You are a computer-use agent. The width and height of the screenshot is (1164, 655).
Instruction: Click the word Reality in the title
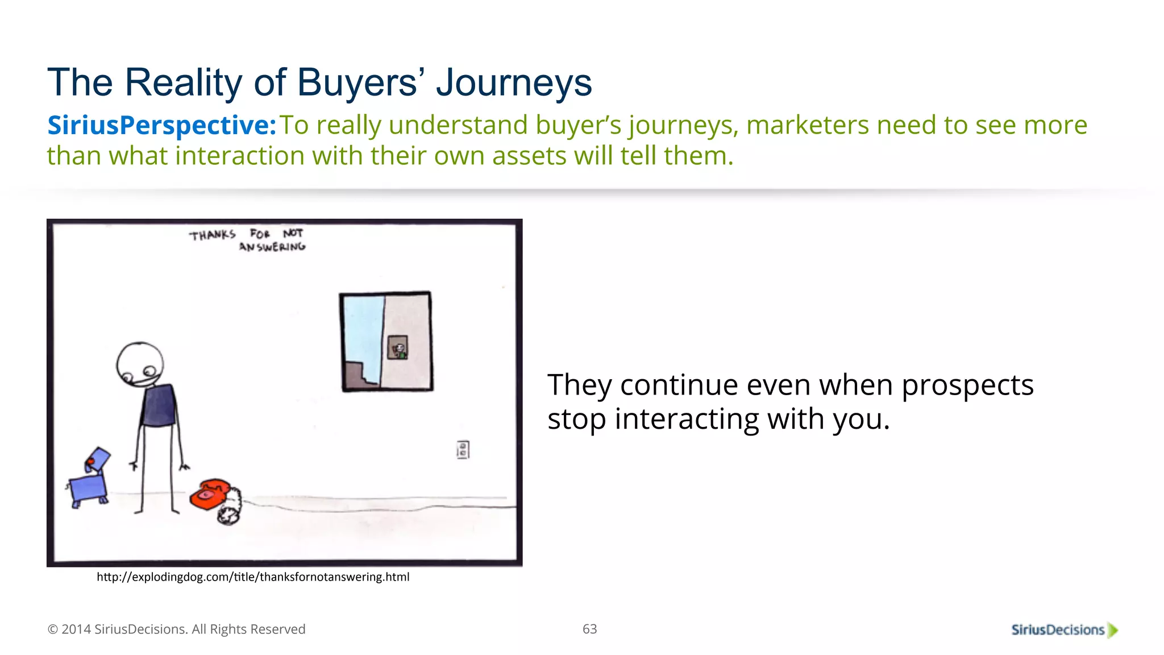coord(184,83)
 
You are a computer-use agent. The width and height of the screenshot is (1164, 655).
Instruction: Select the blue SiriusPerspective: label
coord(161,126)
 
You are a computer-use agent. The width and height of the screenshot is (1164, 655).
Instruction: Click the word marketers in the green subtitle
coord(807,126)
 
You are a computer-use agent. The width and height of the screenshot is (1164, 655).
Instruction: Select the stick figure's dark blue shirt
coord(159,405)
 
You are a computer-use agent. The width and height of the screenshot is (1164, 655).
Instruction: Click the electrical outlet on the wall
coord(463,450)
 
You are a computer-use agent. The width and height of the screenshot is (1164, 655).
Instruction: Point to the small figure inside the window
coord(398,348)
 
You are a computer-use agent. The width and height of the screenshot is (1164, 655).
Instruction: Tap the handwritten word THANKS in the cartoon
coord(212,235)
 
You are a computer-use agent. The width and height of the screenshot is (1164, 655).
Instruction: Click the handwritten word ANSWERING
coord(272,247)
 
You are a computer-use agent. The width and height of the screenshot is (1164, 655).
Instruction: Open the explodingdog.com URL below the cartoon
coord(253,577)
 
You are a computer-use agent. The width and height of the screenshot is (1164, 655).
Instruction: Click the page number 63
coord(589,629)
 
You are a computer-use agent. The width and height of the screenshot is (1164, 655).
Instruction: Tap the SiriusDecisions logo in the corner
coord(1063,629)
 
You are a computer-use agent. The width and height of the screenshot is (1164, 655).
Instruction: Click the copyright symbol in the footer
coord(52,629)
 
